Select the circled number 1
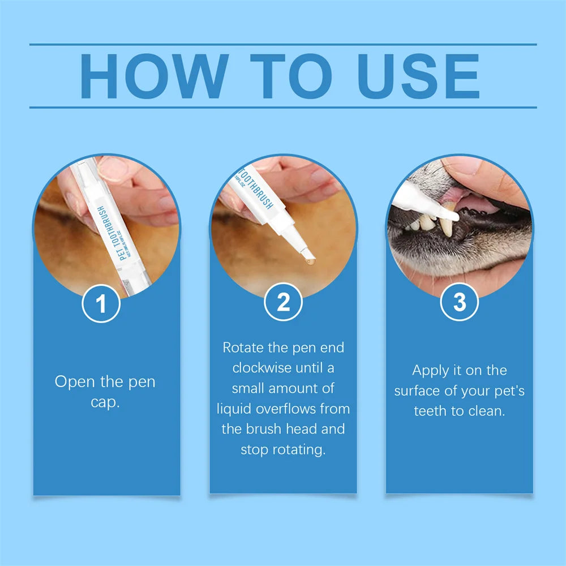101,304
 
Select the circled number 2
283,304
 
